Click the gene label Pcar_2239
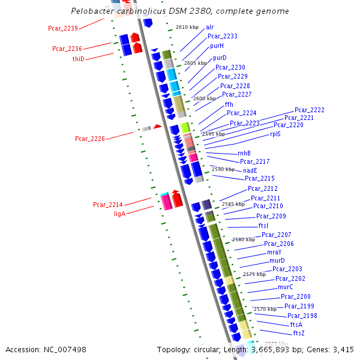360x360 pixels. (63, 28)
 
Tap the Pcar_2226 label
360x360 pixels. (90, 139)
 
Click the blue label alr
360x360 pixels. (209, 27)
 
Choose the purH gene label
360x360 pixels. (217, 46)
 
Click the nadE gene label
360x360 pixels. (250, 170)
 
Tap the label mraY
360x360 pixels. (274, 253)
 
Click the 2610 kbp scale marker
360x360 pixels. (187, 27)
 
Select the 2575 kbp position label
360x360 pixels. (254, 274)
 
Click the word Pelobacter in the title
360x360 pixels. (93, 11)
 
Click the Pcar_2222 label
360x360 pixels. (309, 110)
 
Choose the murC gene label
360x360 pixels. (285, 287)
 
